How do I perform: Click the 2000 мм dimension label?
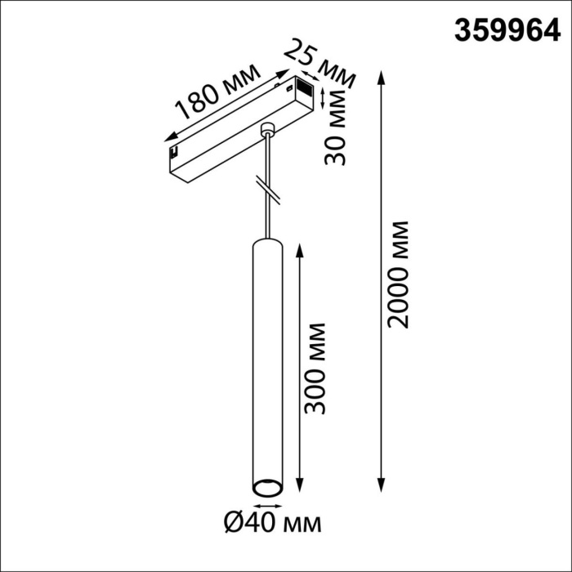coord(398,273)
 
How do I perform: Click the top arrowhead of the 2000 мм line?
coord(382,76)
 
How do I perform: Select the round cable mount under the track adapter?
coord(266,129)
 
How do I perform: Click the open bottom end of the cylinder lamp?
coord(266,489)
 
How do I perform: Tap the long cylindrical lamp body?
coord(266,360)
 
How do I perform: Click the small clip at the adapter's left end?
coord(175,151)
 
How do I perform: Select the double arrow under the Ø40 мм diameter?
coord(266,503)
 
